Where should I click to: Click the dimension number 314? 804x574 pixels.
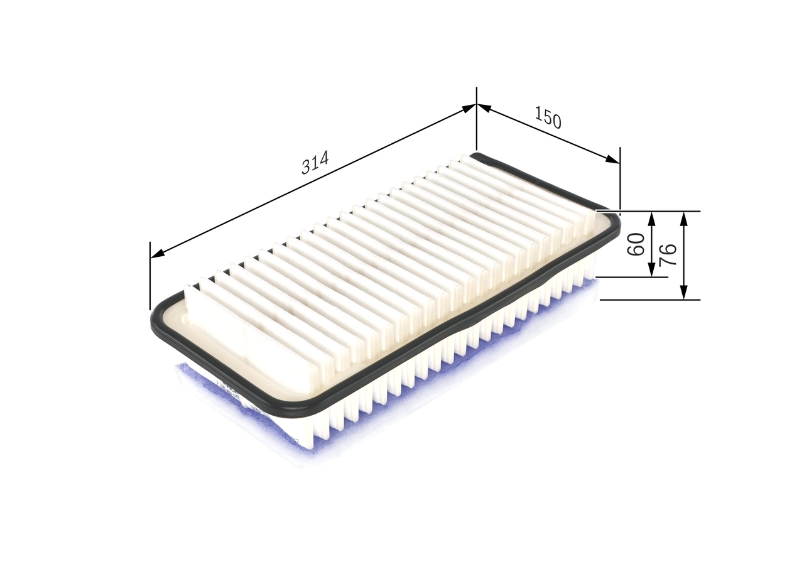[x=315, y=163]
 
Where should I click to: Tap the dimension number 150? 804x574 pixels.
[x=548, y=117]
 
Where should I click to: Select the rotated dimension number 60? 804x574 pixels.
[x=637, y=244]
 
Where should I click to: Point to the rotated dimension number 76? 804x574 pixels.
[x=668, y=254]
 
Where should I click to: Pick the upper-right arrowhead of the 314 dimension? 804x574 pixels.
[x=469, y=108]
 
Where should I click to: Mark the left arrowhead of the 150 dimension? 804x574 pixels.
[x=484, y=108]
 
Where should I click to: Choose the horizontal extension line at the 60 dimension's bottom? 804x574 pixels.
[x=628, y=276]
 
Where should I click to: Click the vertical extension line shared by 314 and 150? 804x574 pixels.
[x=477, y=126]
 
